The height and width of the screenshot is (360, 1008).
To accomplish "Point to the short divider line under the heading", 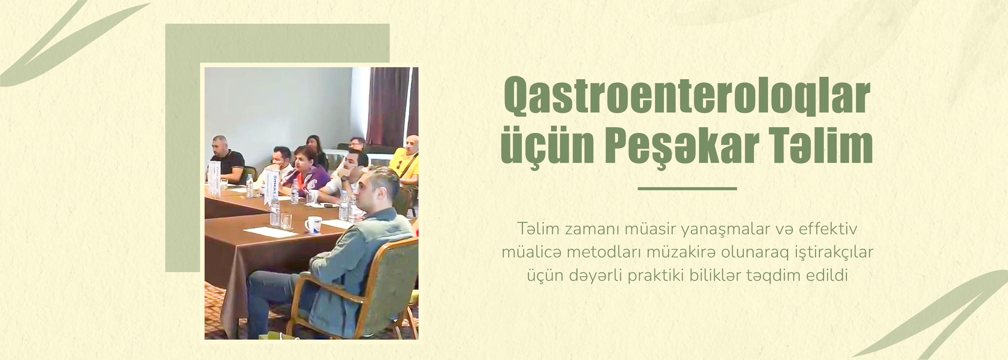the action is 687,189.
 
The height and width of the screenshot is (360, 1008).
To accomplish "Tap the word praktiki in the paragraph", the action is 657,276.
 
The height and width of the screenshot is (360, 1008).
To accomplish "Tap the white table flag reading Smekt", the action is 271,186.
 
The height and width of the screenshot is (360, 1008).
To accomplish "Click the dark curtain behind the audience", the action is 392,106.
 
